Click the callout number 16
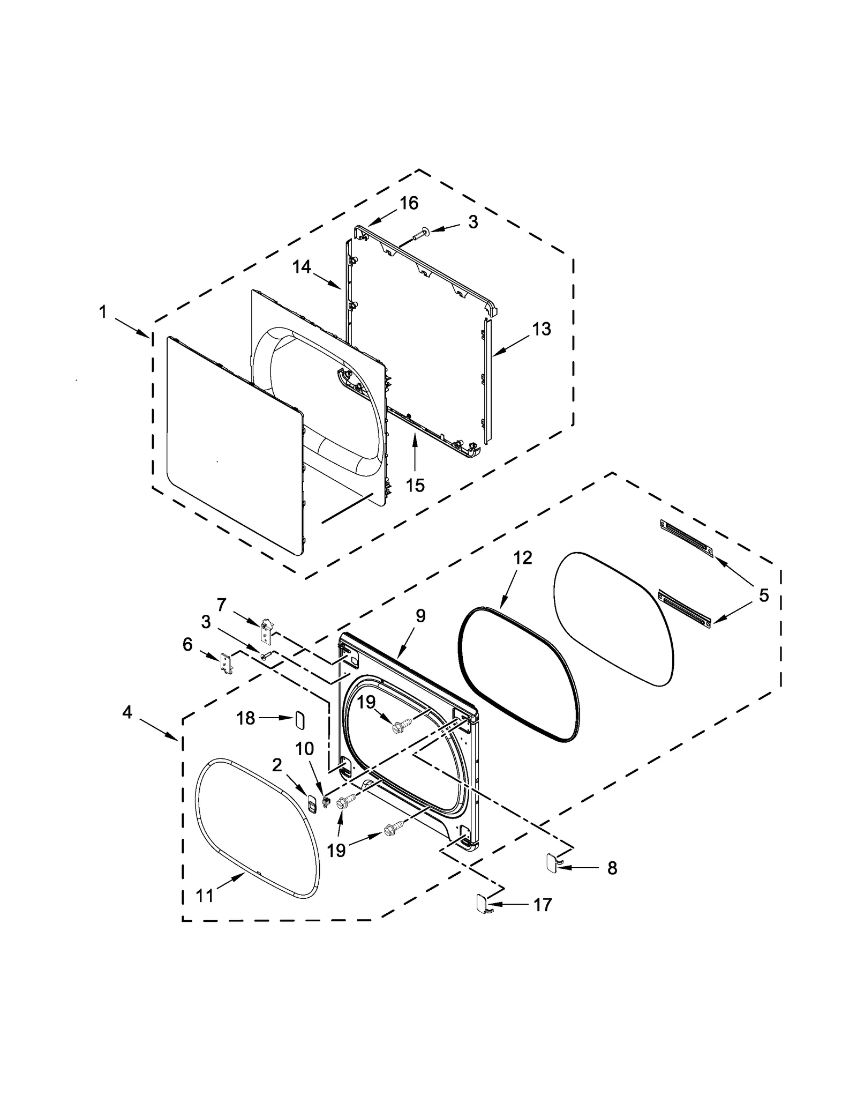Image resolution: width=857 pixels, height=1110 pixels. (409, 203)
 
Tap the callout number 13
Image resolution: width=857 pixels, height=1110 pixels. (542, 329)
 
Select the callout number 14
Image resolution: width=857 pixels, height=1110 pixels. (302, 266)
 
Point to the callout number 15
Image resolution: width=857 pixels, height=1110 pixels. (415, 485)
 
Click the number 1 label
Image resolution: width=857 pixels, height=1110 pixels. (103, 311)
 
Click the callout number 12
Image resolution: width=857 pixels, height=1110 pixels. (523, 557)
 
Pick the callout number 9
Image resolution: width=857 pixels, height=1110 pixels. (420, 616)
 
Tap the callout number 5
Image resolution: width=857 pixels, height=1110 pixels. (764, 595)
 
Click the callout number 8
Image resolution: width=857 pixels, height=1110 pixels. (612, 868)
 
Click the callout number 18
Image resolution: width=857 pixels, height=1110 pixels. (246, 718)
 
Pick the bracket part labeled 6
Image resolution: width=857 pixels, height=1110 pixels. (227, 664)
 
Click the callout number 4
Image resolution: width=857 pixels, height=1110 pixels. (127, 712)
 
